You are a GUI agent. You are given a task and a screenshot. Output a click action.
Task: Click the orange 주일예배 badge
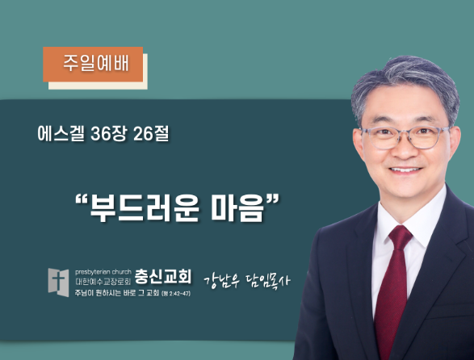coord(93,64)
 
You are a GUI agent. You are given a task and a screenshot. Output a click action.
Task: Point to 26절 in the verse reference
coord(151,133)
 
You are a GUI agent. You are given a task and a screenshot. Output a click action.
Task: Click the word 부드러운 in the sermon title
coord(145,207)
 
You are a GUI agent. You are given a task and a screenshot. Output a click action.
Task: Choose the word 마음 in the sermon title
coord(237,207)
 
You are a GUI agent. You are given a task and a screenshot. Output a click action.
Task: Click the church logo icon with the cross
coord(58,283)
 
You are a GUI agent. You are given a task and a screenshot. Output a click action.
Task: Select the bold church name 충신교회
coord(163,276)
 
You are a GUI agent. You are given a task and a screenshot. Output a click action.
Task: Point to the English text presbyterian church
coord(103,272)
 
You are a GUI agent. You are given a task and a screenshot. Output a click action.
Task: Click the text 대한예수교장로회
coord(103,282)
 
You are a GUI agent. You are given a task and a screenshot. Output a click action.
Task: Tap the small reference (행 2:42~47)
coord(176,294)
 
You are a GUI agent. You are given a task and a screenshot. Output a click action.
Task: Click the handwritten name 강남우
coord(222,282)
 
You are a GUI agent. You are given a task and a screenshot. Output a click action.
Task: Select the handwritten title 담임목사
coord(268,281)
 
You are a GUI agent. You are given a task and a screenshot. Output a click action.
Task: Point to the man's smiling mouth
coord(405,170)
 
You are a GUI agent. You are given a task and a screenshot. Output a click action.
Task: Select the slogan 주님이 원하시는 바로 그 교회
coord(117,293)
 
